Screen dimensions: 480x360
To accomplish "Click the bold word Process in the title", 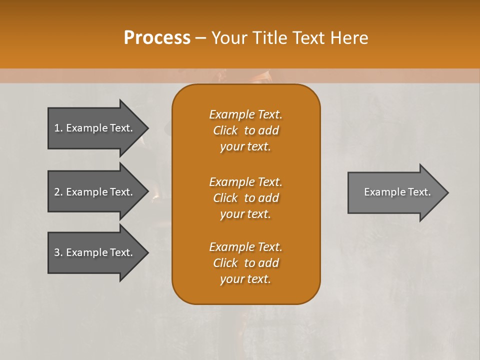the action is [157, 38].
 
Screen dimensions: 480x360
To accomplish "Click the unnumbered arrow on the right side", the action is [395, 192].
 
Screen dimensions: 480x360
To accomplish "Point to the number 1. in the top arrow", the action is [58, 128].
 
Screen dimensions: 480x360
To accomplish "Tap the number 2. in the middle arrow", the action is [58, 192].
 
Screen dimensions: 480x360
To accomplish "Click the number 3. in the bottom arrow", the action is [58, 252].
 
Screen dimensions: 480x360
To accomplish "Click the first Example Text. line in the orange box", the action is [245, 114].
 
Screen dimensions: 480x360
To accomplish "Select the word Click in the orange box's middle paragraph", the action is [225, 198].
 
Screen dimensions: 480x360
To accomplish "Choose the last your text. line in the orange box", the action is [245, 279].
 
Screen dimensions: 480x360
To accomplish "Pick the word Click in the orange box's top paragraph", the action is [225, 130].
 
